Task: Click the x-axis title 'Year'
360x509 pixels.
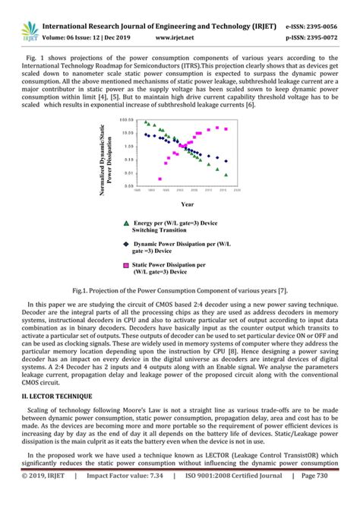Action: (x=187, y=204)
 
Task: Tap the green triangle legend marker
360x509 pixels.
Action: (x=125, y=223)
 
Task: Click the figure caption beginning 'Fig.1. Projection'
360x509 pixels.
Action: (x=180, y=290)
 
